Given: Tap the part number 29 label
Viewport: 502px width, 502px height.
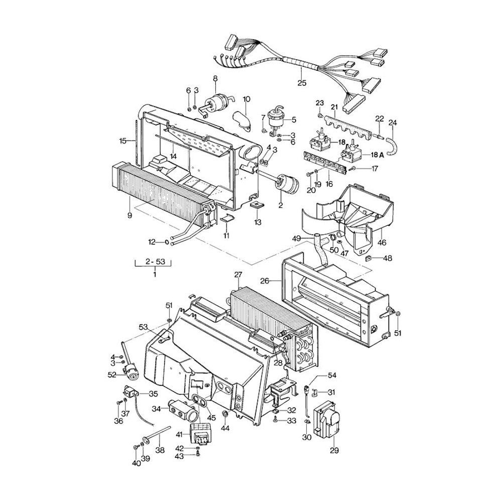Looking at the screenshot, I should pyautogui.click(x=320, y=450).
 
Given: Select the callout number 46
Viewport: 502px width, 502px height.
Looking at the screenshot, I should pyautogui.click(x=382, y=243).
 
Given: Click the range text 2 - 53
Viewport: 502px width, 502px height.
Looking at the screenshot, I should pyautogui.click(x=154, y=262).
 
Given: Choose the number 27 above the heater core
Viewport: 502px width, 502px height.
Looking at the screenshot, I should pyautogui.click(x=238, y=275).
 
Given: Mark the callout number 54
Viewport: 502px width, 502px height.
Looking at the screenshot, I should pyautogui.click(x=332, y=375).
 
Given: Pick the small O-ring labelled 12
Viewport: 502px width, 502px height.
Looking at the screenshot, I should pyautogui.click(x=166, y=243).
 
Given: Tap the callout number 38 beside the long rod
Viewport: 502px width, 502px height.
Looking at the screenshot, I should pyautogui.click(x=160, y=451).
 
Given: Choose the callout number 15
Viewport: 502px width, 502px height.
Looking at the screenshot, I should pyautogui.click(x=123, y=141).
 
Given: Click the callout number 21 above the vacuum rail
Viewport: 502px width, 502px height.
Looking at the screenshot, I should pyautogui.click(x=334, y=106).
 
